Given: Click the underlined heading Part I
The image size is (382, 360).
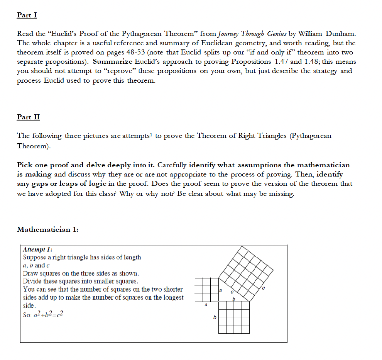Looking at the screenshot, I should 27,15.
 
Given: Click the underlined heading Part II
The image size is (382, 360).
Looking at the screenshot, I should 28,117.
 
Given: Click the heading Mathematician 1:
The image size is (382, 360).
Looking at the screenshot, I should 48,229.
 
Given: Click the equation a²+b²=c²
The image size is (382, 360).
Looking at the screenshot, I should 43,315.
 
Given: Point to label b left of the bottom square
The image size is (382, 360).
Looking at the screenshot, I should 215,318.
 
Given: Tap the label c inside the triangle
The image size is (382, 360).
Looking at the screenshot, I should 232,292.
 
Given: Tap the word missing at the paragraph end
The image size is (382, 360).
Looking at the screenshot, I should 280,194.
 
